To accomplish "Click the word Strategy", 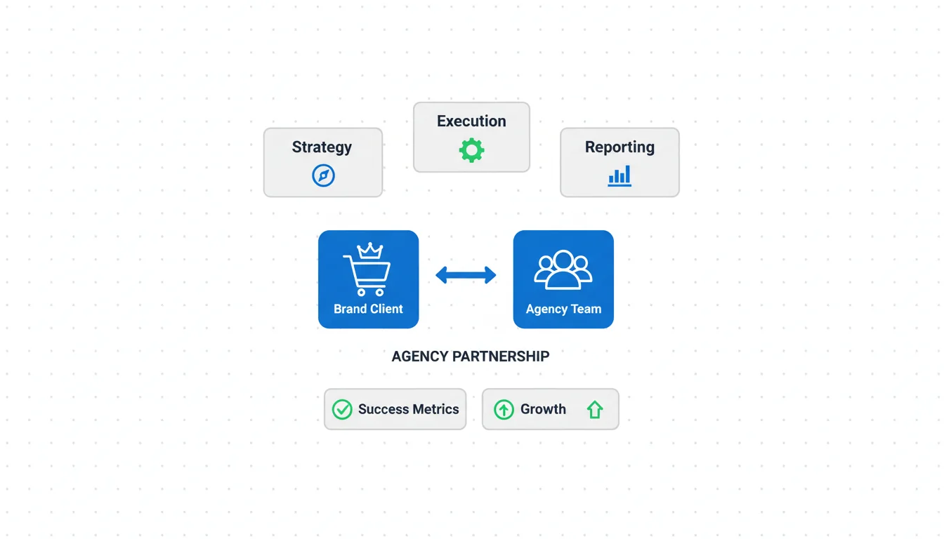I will pos(322,147).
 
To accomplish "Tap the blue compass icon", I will pos(323,175).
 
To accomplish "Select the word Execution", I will pos(471,121).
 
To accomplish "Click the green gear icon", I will pos(471,150).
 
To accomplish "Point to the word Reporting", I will pos(619,147).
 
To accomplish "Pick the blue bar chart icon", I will pos(619,175).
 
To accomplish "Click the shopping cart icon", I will pos(367,276).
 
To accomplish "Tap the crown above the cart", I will pos(369,251).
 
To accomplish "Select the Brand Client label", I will pos(368,309).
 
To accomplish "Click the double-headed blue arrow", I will pos(466,275).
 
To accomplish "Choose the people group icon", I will pos(563,270).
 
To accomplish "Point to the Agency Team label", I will pos(563,309).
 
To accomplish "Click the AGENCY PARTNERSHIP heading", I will pos(470,357).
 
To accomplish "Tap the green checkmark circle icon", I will pos(342,409).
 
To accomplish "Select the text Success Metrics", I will pos(408,409).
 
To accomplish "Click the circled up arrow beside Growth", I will pos(504,409).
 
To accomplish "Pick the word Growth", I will pos(543,409).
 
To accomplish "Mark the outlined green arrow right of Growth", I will pos(595,409).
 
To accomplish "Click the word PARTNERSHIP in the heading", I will pos(501,357).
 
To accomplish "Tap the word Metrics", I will pos(435,409).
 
